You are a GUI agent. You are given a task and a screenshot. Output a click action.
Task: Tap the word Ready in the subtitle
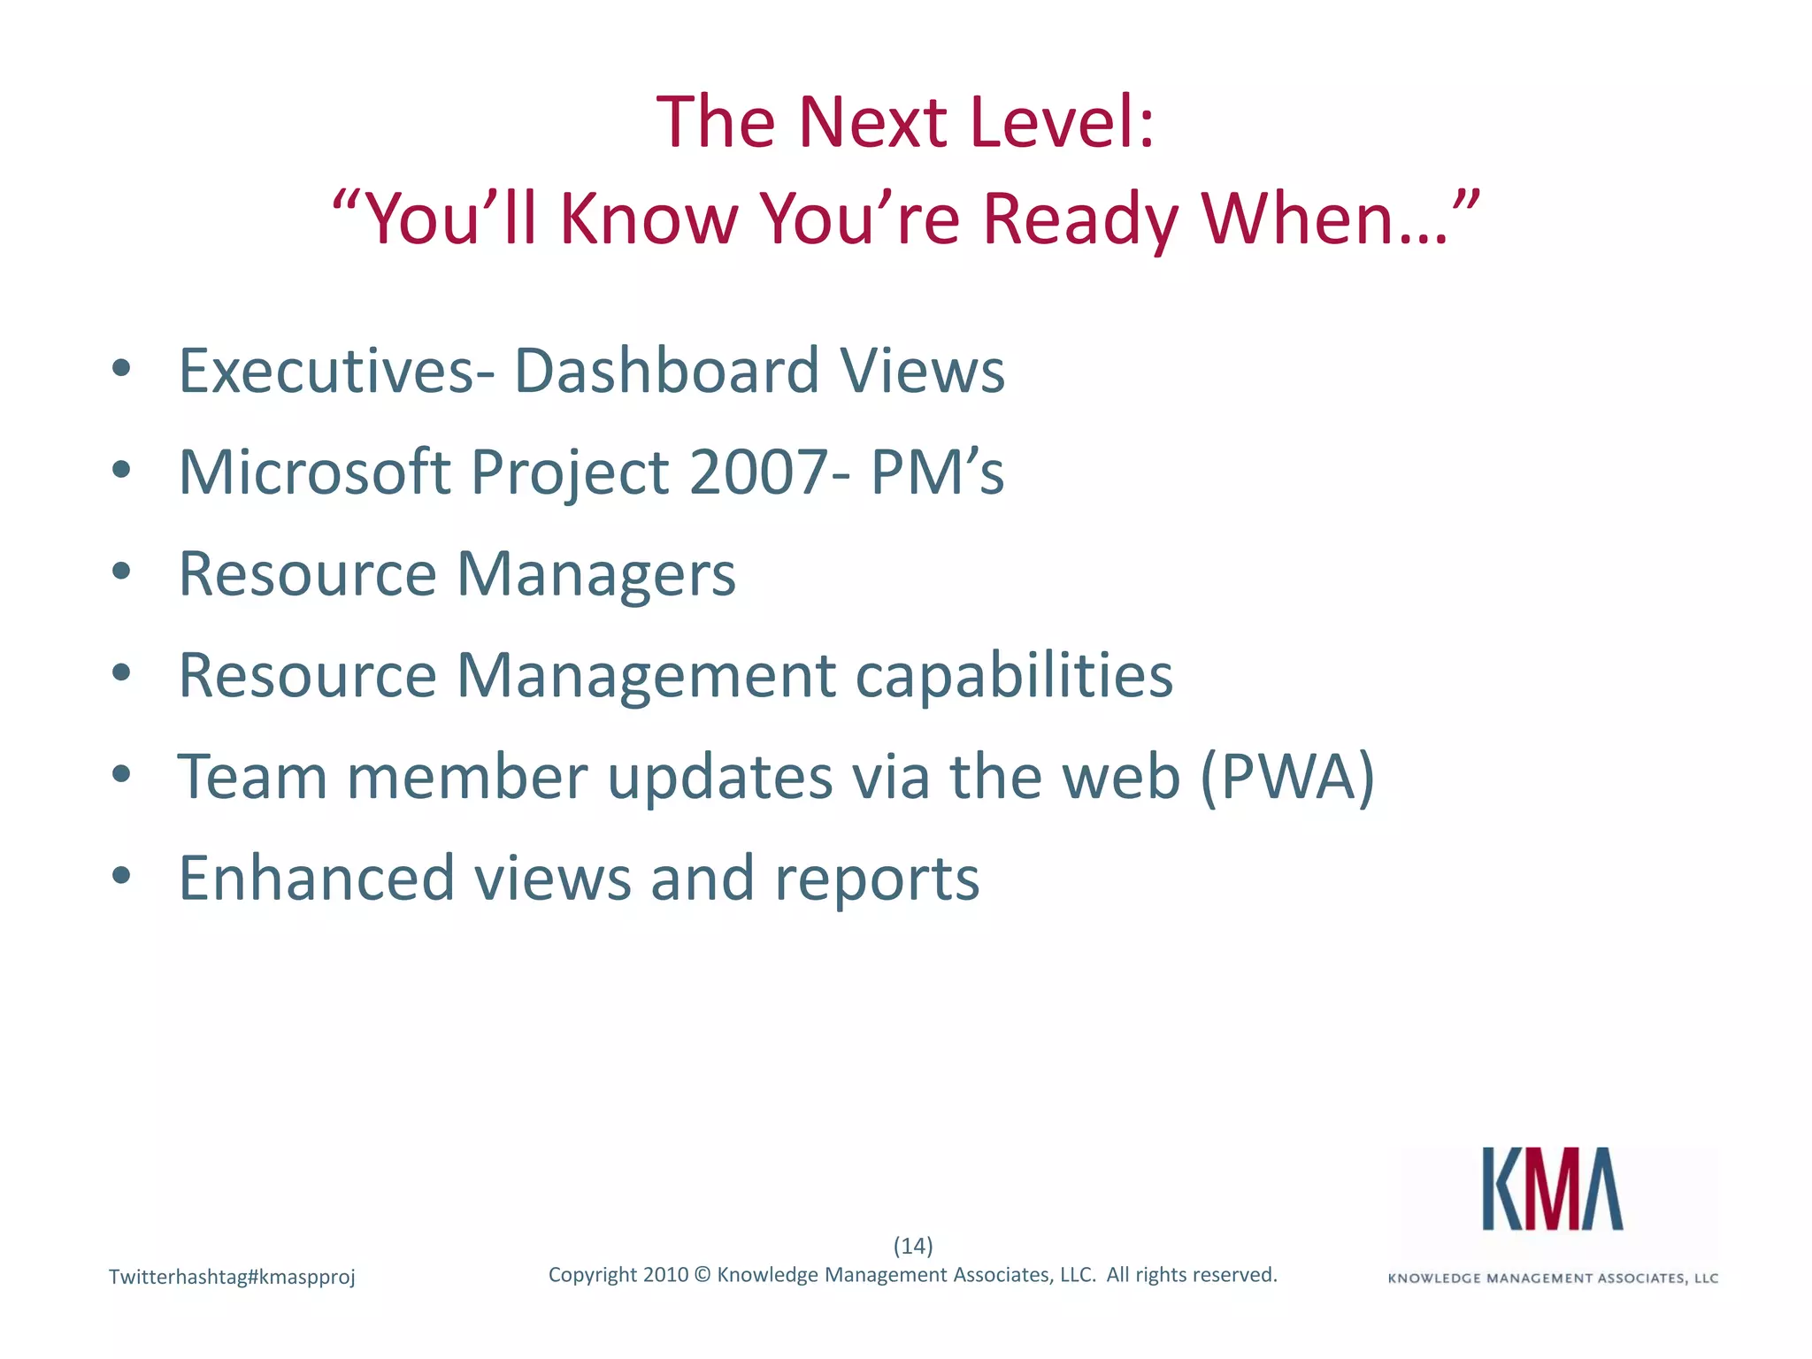coord(1080,219)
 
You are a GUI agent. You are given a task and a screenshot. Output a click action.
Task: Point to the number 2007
coord(758,472)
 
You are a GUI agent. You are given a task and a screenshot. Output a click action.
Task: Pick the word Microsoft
coord(314,472)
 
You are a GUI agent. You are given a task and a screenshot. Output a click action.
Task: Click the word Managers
coord(595,574)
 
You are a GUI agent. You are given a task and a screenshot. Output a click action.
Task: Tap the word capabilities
coord(1014,675)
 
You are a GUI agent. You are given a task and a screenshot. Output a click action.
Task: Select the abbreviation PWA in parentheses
coord(1287,777)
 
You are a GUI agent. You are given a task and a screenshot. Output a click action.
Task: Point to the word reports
coord(877,879)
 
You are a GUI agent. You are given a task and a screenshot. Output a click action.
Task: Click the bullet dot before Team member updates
coord(122,775)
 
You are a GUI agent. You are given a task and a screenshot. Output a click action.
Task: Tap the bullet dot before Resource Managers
coord(122,572)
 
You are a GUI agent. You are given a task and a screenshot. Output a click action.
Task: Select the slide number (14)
coord(913,1246)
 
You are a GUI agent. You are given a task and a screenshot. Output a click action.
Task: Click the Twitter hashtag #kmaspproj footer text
coord(232,1277)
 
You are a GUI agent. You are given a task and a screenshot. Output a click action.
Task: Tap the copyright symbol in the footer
coord(703,1275)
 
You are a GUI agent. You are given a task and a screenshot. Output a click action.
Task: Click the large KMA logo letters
coord(1553,1189)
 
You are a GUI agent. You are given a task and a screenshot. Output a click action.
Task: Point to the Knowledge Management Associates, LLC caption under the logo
coord(1553,1278)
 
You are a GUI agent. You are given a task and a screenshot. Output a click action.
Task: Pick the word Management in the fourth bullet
coord(645,675)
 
